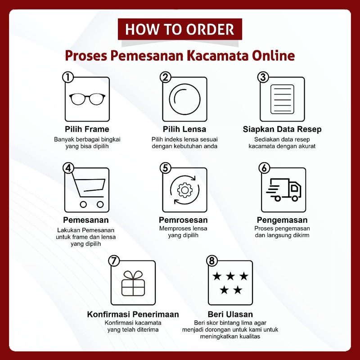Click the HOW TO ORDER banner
click(180, 29)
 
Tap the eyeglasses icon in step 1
click(87, 99)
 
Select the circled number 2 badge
click(166, 77)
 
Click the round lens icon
click(185, 99)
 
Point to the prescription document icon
click(282, 99)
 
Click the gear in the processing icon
click(185, 190)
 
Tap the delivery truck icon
click(283, 189)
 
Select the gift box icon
click(133, 283)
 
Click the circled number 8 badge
click(211, 261)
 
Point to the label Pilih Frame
click(87, 129)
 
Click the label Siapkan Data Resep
click(282, 129)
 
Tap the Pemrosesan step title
click(183, 220)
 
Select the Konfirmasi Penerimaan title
click(133, 314)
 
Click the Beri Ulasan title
click(230, 314)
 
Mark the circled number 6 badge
click(264, 168)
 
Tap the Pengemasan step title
click(282, 220)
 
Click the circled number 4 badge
click(68, 168)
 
